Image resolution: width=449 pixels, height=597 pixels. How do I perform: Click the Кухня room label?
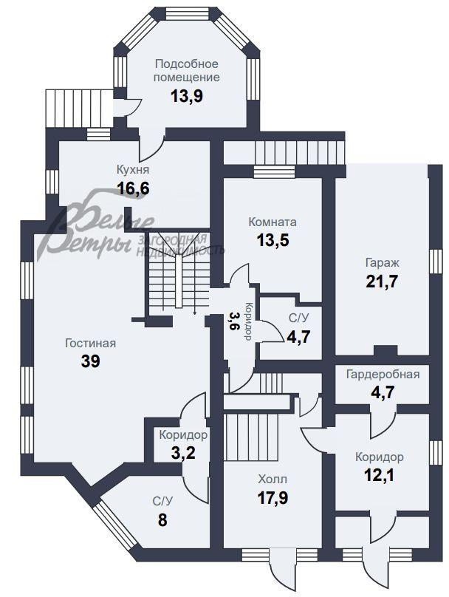pyautogui.click(x=133, y=169)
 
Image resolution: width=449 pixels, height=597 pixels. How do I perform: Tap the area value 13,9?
pyautogui.click(x=186, y=96)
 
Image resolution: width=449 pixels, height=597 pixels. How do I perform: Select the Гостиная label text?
pyautogui.click(x=90, y=343)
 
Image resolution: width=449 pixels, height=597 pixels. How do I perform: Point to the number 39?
pyautogui.click(x=91, y=361)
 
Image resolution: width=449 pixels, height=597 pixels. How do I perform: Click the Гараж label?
pyautogui.click(x=382, y=263)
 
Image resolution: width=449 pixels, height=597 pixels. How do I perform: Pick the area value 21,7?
pyautogui.click(x=382, y=282)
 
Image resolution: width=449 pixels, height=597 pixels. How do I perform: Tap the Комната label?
pyautogui.click(x=273, y=222)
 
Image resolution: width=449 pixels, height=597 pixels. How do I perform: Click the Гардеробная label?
pyautogui.click(x=383, y=375)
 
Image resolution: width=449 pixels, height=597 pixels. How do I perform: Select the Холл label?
pyautogui.click(x=273, y=479)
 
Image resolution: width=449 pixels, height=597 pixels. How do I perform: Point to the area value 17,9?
pyautogui.click(x=273, y=497)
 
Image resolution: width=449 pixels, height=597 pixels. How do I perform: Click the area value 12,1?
pyautogui.click(x=379, y=475)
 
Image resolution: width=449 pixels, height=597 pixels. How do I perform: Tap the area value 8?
pyautogui.click(x=162, y=519)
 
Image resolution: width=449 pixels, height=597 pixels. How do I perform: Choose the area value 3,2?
pyautogui.click(x=183, y=453)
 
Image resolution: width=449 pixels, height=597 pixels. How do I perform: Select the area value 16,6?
pyautogui.click(x=133, y=188)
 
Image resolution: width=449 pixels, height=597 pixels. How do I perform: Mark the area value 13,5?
pyautogui.click(x=273, y=240)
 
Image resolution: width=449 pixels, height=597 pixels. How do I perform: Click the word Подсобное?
pyautogui.click(x=186, y=64)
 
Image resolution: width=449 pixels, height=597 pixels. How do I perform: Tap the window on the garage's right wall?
pyautogui.click(x=436, y=262)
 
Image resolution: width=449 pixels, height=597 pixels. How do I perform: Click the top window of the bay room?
pyautogui.click(x=187, y=14)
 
